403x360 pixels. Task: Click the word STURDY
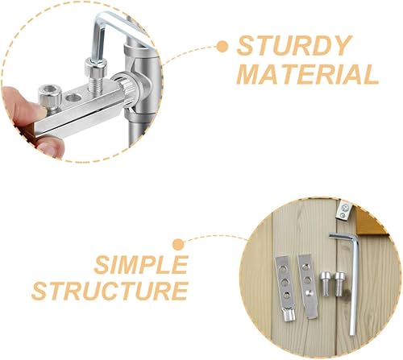coord(294,46)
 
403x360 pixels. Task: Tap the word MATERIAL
coord(308,74)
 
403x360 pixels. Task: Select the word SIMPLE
coord(141,265)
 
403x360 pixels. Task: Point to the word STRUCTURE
coord(110,291)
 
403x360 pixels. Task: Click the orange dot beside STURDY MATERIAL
coord(222,46)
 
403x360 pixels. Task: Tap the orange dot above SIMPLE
coord(178,245)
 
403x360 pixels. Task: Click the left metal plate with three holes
coord(285,288)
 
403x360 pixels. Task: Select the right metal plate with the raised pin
coord(308,286)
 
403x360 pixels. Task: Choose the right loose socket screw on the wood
coord(339,283)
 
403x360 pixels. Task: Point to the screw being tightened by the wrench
coord(96,76)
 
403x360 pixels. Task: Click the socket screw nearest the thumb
coord(50,98)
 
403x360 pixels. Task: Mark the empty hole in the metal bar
coord(73,98)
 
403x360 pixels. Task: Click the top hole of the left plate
coord(281,268)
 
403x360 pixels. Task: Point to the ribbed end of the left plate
coord(289,315)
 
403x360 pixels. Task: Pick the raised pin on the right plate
coord(310,293)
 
